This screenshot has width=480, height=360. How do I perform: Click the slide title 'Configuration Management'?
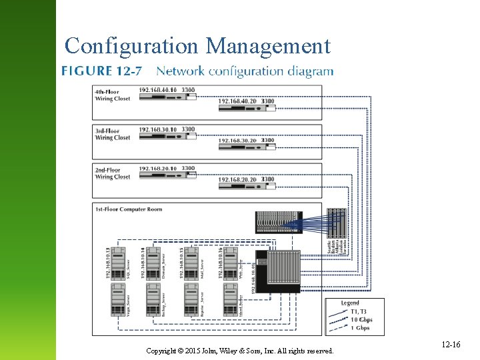(197, 46)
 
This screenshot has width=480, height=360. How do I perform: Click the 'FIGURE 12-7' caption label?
(101, 71)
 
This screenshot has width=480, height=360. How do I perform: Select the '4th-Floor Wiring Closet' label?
(113, 95)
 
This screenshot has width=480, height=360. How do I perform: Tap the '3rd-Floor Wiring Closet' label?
(113, 135)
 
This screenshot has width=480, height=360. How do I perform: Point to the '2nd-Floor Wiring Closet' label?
(113, 174)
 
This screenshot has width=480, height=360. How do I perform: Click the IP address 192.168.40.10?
(158, 90)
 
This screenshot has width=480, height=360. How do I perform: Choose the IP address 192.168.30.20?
(238, 141)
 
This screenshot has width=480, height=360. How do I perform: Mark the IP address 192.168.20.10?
(158, 169)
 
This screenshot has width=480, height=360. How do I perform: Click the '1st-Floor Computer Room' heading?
(129, 209)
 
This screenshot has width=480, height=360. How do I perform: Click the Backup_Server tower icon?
(155, 300)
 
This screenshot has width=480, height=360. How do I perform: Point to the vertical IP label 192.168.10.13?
(107, 263)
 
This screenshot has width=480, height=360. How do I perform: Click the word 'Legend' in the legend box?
(350, 303)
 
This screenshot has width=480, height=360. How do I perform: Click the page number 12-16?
(451, 344)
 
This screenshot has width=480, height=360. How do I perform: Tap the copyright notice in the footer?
(240, 351)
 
